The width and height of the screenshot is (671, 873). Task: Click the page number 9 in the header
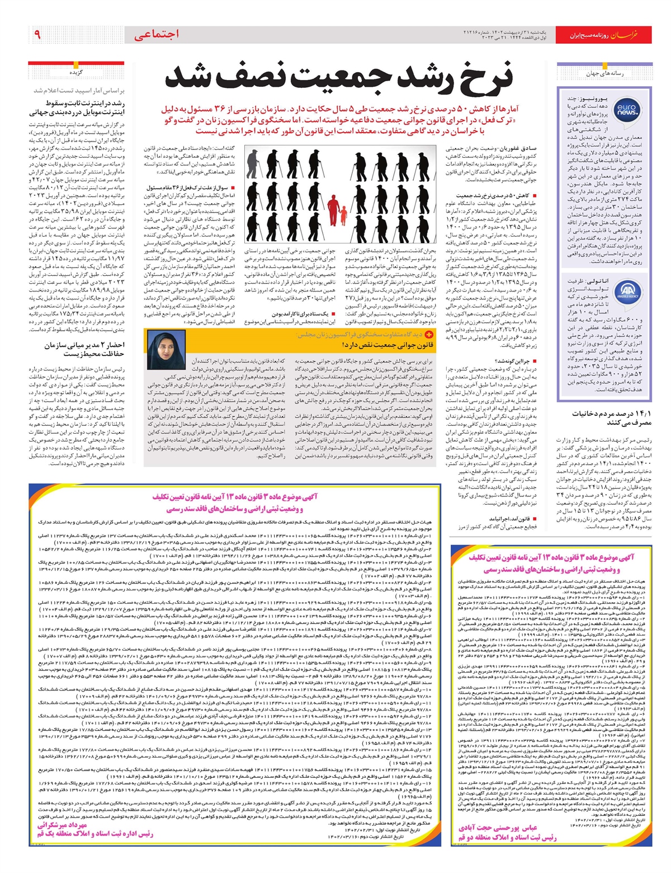click(37, 35)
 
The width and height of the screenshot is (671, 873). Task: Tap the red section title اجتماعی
click(157, 35)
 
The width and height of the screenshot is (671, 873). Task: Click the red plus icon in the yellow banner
click(429, 334)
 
